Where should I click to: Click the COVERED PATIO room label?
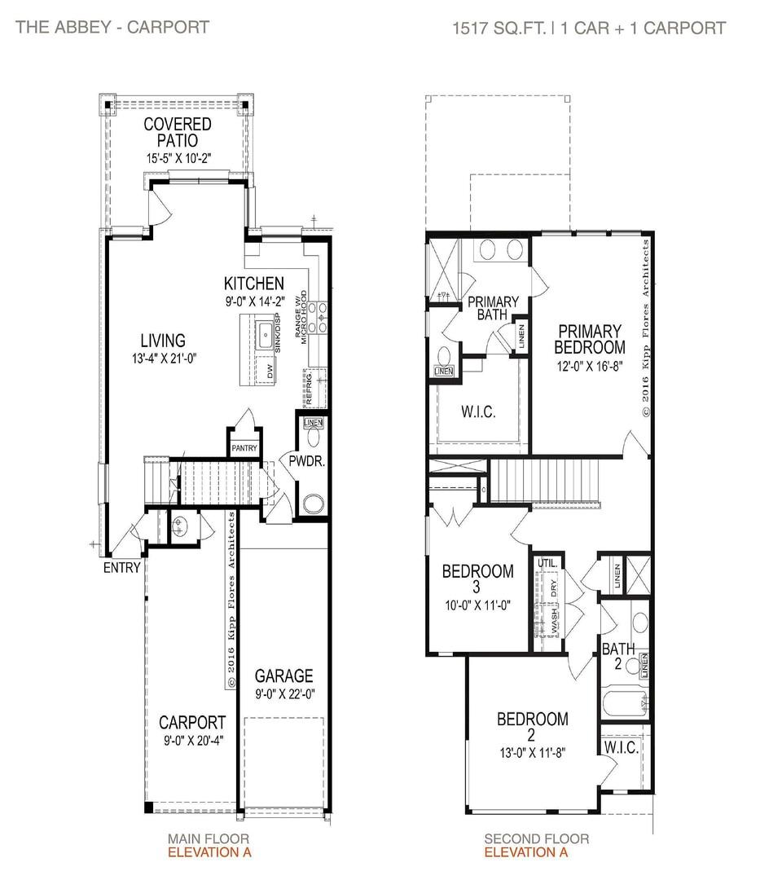click(177, 133)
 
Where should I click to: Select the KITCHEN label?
click(254, 284)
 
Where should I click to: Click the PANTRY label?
click(244, 448)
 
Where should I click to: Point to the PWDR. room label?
click(307, 461)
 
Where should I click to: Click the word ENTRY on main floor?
click(121, 568)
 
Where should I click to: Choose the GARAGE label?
click(283, 676)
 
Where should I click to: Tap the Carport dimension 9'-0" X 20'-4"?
click(191, 740)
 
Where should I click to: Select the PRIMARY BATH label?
click(487, 307)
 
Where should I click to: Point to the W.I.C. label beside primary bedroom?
click(478, 411)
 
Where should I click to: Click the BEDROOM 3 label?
click(477, 579)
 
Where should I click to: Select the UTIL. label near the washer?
click(545, 563)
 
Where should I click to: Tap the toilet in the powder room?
click(313, 504)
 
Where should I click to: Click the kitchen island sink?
click(265, 334)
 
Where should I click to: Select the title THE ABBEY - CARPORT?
click(112, 27)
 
